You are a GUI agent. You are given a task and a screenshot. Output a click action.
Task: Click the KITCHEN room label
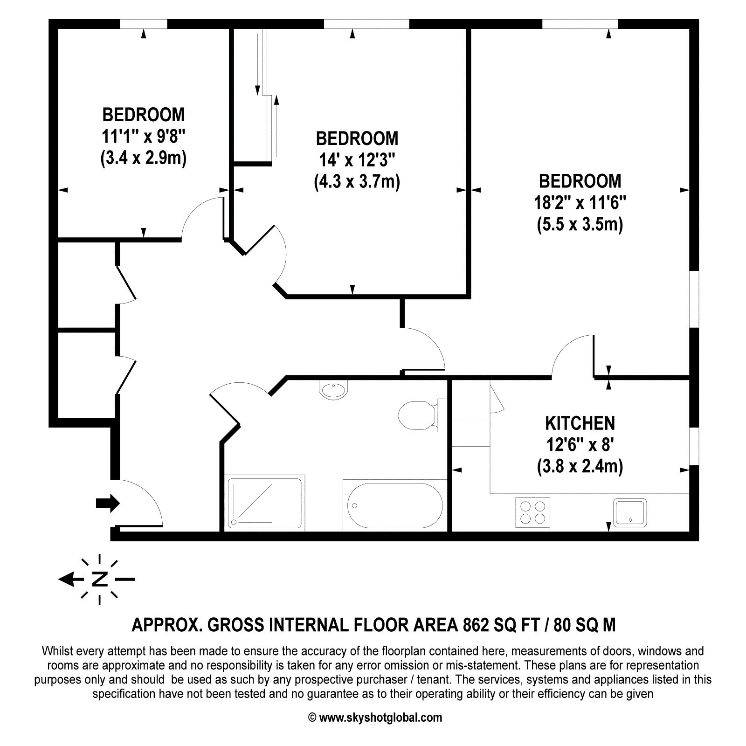580,423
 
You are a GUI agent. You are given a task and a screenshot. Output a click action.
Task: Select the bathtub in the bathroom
395,505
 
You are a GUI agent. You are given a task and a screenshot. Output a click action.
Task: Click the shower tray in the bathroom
264,503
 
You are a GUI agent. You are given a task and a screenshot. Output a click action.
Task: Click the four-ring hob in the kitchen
532,512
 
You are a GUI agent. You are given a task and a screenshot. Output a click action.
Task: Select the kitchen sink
629,512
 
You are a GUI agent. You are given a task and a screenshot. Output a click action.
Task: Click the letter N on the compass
100,579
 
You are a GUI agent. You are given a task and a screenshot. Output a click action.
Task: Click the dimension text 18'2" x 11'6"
580,203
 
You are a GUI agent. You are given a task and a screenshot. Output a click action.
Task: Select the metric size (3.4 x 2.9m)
144,159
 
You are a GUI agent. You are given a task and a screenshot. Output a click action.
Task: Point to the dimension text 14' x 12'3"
357,160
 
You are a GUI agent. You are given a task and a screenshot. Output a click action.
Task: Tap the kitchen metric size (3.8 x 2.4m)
580,466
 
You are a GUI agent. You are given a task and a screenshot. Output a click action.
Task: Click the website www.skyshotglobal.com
380,718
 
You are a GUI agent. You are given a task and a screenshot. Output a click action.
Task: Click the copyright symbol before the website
312,718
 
